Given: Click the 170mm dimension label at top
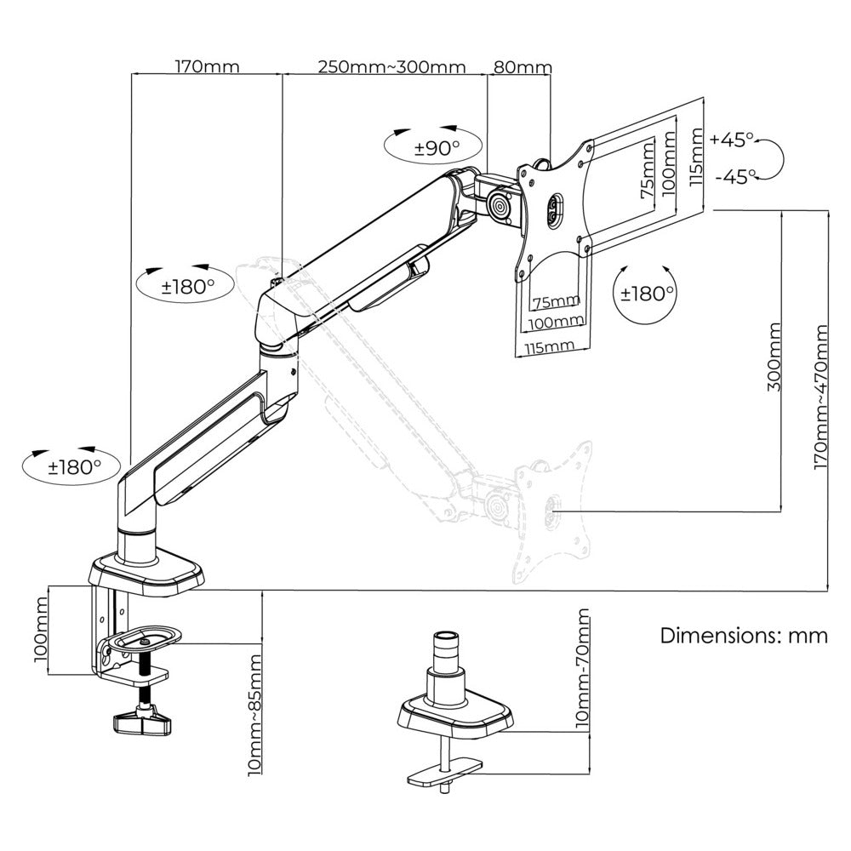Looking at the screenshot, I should (207, 66).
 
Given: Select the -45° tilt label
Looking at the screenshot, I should (735, 176).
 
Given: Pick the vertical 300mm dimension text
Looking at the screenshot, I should (774, 356).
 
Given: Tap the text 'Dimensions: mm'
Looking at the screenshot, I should (744, 636).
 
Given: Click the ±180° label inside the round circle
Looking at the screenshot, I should (647, 294).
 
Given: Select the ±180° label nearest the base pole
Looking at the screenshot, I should (74, 466).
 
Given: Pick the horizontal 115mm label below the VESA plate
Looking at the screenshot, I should (548, 345).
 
